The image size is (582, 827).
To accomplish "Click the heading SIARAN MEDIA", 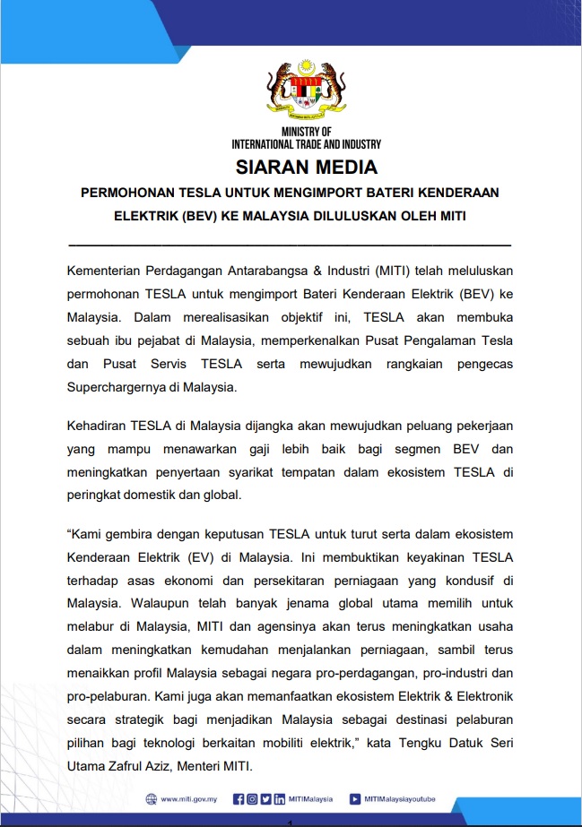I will [306, 167].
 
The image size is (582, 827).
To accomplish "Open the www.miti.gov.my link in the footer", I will [190, 799].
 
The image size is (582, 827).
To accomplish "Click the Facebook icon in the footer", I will [238, 799].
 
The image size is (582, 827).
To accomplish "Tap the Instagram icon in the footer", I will [252, 799].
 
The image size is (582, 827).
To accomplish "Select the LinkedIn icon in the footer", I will [281, 799].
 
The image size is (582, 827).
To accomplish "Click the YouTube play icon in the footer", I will [355, 799].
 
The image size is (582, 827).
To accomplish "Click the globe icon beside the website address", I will [152, 799].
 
